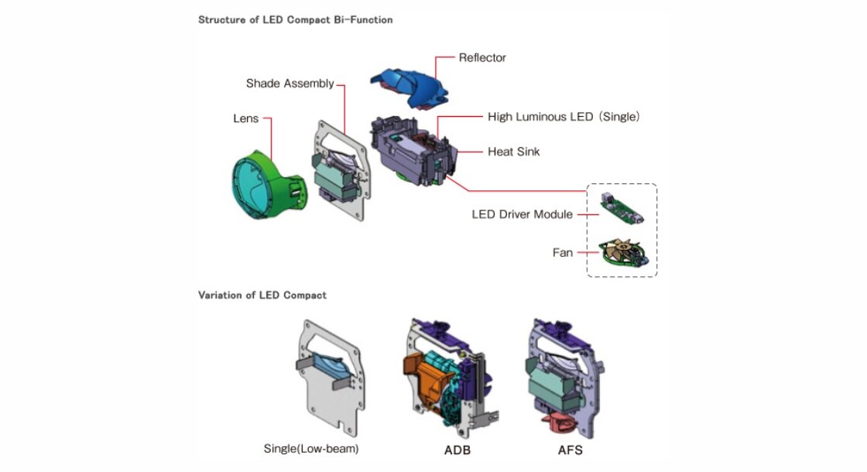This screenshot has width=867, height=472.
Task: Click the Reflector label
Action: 482,57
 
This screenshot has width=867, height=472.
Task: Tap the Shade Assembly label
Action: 290,84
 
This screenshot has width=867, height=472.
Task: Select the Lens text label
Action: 245,118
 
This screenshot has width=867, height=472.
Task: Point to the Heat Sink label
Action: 513,152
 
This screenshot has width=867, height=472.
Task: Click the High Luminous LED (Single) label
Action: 564,117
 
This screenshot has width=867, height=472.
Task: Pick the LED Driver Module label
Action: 522,214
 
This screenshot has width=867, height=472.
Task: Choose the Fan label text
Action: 562,252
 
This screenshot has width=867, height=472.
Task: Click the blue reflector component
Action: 410,87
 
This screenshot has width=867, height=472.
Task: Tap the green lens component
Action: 267,185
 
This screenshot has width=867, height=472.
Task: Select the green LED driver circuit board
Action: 622,209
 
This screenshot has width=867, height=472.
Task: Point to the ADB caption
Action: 457,450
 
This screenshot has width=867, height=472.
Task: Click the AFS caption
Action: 570,450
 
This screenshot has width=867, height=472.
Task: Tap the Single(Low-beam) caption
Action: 311,448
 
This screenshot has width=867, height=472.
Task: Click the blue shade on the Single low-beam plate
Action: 330,367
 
